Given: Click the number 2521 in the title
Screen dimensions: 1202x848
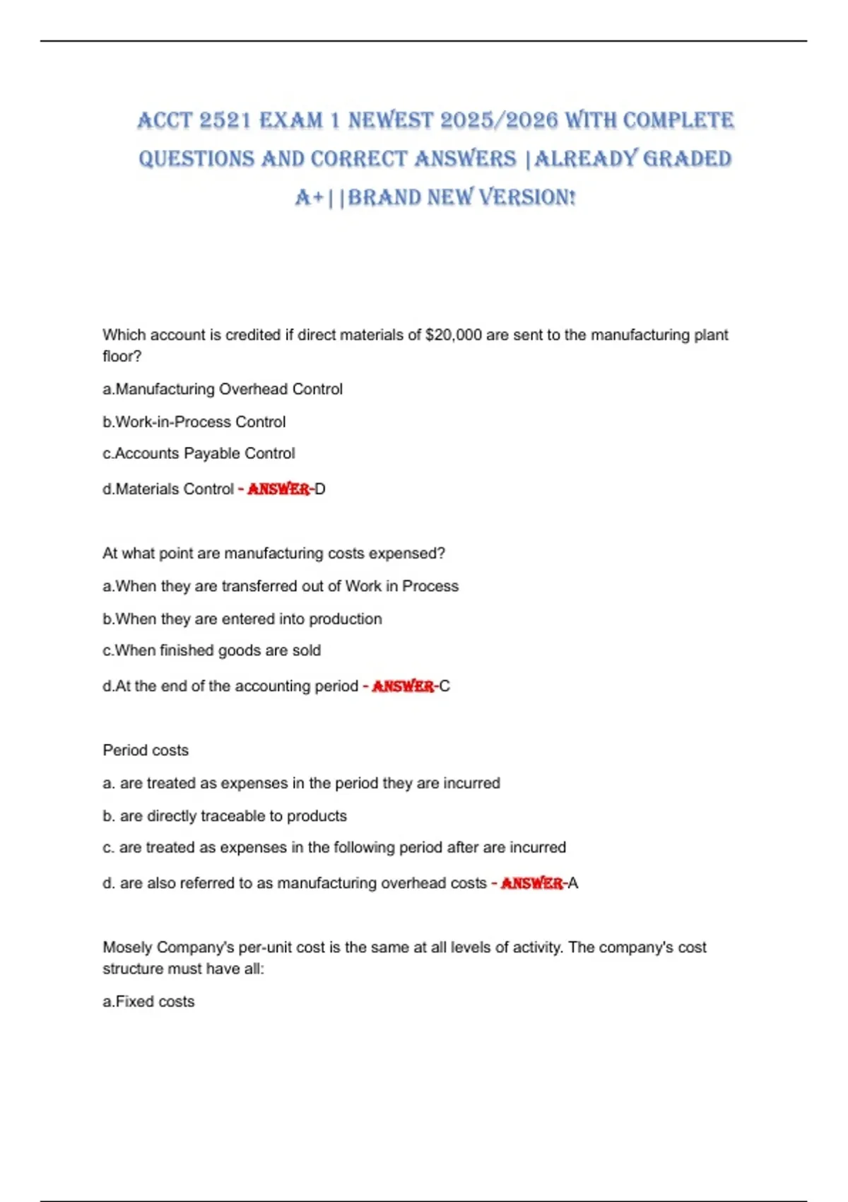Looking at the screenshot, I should tap(225, 121).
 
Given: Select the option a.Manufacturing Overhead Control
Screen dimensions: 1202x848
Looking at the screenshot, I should tap(223, 390).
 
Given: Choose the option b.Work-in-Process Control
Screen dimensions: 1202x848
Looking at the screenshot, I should tap(194, 422).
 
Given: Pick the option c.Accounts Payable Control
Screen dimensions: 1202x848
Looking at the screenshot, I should tap(199, 454).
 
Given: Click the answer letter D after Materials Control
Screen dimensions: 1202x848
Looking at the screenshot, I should tap(320, 489).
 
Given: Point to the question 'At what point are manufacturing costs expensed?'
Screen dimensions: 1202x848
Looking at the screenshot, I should tap(273, 554).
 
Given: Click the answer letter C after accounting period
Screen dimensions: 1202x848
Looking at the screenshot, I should tap(444, 687).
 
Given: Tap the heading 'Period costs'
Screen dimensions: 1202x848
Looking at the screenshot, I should tap(146, 750).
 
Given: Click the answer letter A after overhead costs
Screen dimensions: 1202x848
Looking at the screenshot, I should tap(573, 883).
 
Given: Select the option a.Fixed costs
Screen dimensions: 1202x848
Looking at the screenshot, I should tap(148, 1002).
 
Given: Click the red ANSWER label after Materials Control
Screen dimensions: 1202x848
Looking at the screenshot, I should tap(278, 489).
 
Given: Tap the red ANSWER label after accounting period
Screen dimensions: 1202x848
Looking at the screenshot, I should tap(403, 687).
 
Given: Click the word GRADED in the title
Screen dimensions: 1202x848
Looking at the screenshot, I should tap(687, 159).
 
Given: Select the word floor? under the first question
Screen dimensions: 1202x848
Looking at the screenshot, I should tap(122, 356).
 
